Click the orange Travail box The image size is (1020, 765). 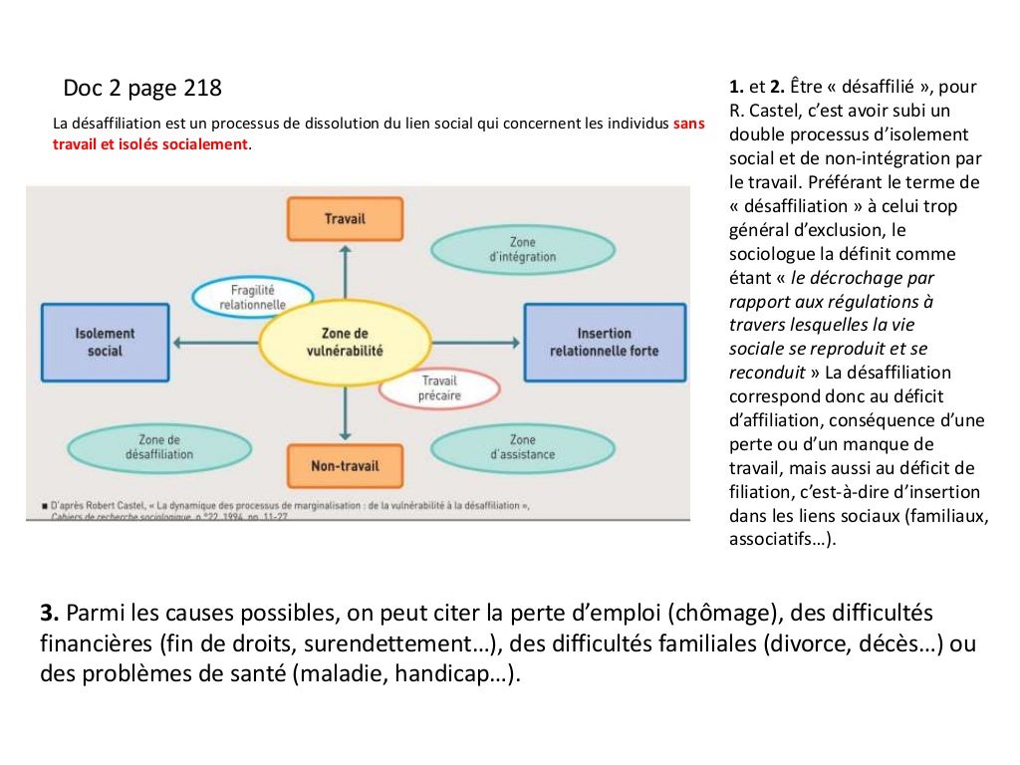click(345, 219)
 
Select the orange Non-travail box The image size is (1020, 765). click(345, 466)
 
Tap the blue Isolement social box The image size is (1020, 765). click(105, 343)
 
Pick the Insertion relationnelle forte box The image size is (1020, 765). click(605, 343)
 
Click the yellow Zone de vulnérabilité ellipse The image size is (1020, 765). click(345, 343)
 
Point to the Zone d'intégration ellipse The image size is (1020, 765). click(521, 249)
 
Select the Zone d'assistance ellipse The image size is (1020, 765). click(521, 447)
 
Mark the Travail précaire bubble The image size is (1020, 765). click(439, 388)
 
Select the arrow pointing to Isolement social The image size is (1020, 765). click(214, 344)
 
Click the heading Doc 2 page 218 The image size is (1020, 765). click(142, 89)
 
